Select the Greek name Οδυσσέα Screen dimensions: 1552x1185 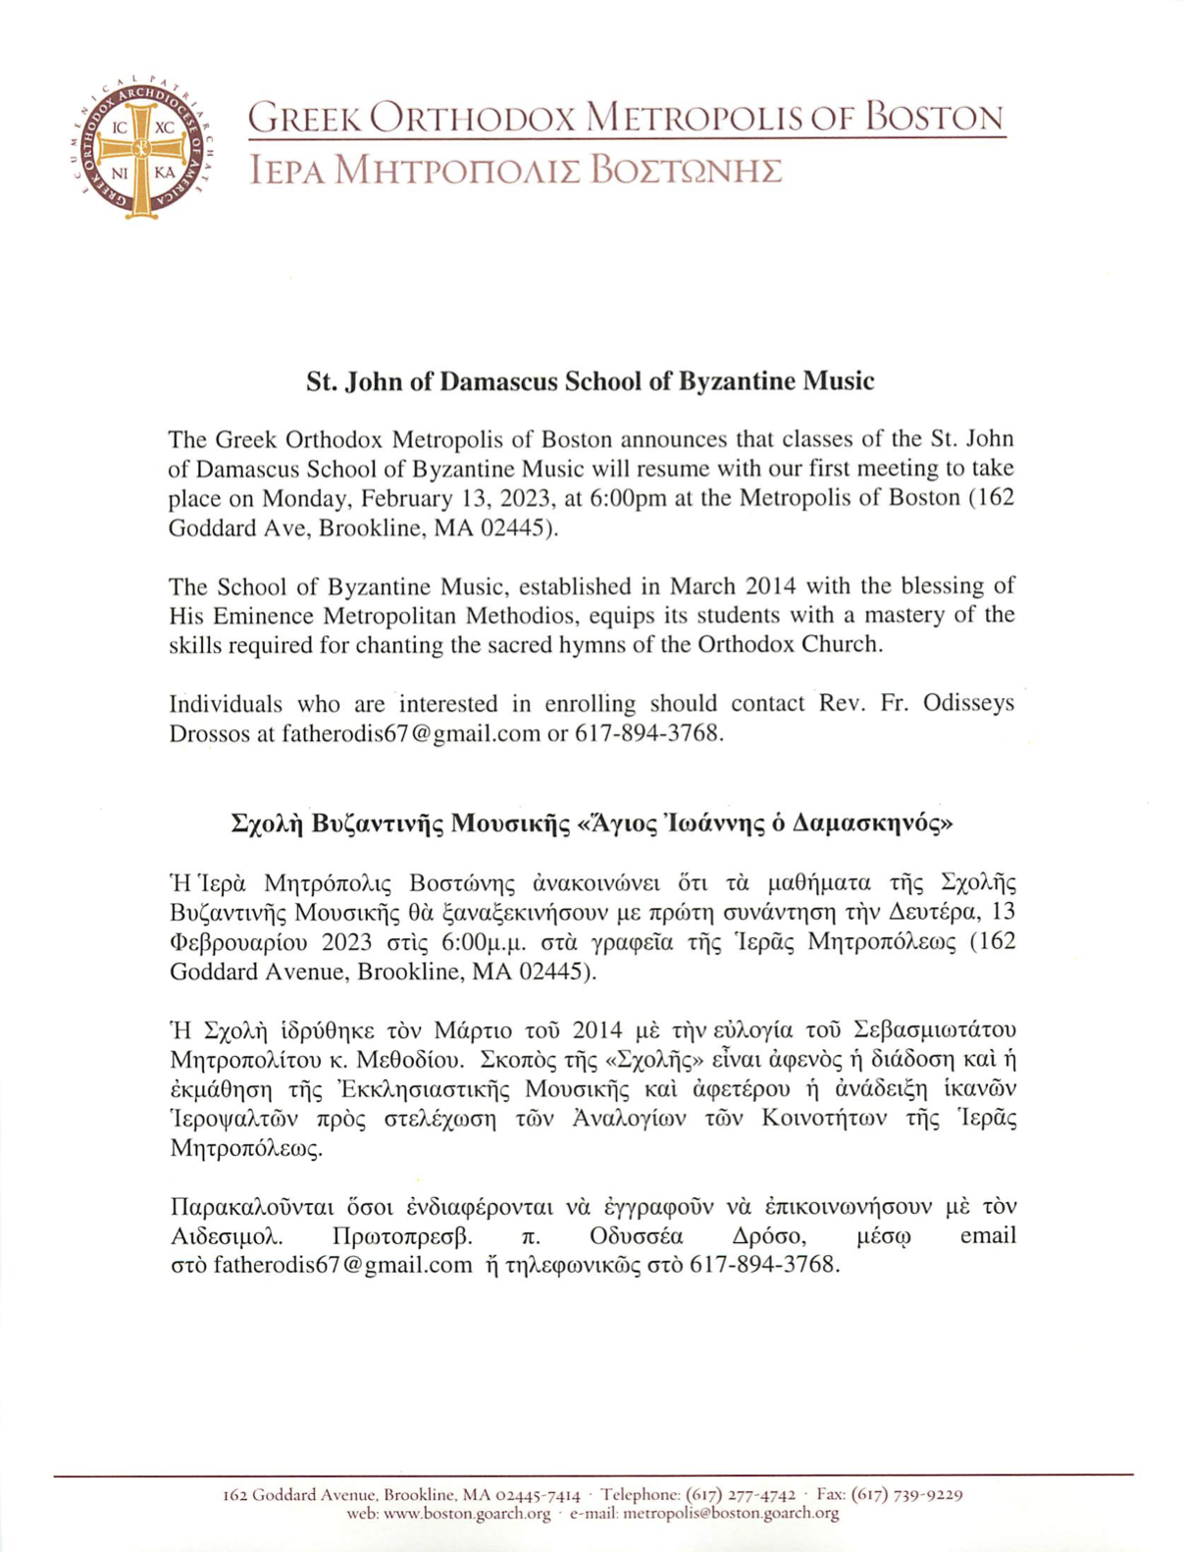click(637, 1235)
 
